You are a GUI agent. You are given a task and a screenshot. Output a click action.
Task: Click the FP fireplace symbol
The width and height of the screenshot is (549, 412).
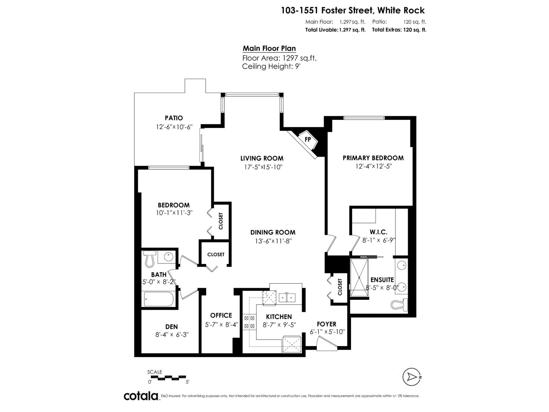(308, 139)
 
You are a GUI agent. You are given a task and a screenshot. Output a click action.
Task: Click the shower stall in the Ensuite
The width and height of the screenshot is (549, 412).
(359, 277)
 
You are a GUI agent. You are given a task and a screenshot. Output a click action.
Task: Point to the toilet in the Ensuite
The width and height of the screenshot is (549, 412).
(399, 304)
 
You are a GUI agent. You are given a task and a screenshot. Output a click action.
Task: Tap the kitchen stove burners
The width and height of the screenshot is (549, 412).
(249, 322)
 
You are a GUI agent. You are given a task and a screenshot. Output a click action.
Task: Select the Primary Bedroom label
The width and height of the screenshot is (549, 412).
(373, 158)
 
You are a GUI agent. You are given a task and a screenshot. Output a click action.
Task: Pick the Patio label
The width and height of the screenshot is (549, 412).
(174, 118)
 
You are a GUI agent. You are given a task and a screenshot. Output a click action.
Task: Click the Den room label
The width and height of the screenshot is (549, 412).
(172, 327)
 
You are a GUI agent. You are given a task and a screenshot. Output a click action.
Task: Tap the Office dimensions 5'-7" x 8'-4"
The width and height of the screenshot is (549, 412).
(221, 324)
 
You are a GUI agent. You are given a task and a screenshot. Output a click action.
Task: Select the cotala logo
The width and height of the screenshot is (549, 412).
(141, 396)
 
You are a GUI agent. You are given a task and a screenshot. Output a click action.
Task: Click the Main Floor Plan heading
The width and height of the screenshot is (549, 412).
(269, 48)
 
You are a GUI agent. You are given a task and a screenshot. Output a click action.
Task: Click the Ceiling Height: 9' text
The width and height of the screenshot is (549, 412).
(271, 66)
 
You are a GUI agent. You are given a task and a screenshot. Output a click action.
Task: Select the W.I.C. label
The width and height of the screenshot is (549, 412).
(379, 232)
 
